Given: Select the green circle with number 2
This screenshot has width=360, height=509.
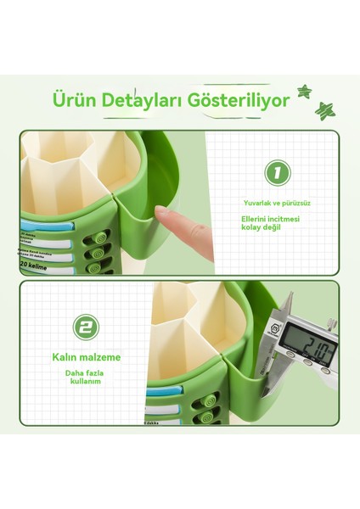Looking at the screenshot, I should (x=84, y=327).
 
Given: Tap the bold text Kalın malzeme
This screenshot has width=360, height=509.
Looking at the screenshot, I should (x=85, y=357).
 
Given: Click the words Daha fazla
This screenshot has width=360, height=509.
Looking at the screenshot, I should (x=85, y=374).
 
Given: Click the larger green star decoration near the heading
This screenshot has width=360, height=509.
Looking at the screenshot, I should (x=323, y=109).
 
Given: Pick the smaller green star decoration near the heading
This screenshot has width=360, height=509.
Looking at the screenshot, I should (x=304, y=92).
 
